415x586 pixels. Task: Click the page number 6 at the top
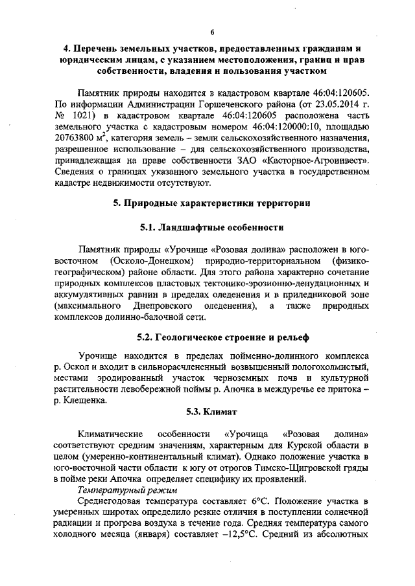pos(211,33)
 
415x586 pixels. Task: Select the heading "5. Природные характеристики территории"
pos(211,203)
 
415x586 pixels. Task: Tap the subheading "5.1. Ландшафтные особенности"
pos(211,228)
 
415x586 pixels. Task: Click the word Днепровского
pos(169,305)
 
